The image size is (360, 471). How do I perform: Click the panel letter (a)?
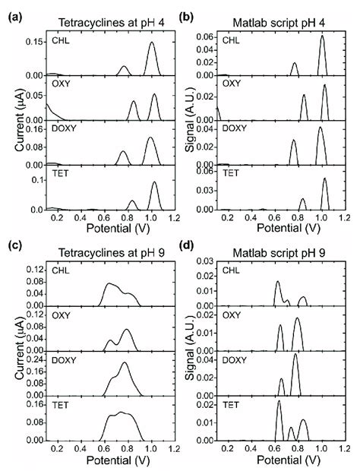click(12, 11)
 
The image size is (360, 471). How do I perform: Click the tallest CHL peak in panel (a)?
click(151, 43)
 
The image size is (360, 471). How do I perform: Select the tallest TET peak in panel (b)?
click(324, 179)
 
